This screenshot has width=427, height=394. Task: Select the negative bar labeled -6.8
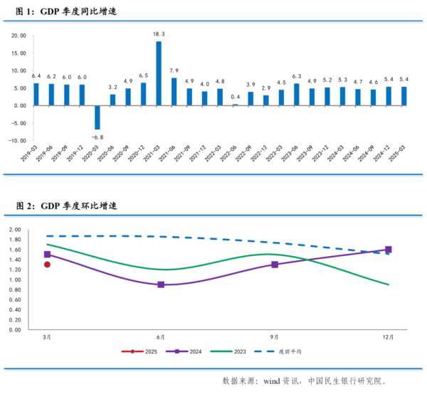pyautogui.click(x=97, y=117)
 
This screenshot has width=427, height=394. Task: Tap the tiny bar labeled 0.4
pyautogui.click(x=235, y=105)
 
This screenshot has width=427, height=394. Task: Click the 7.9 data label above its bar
pyautogui.click(x=174, y=70)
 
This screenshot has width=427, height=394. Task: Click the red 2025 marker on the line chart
pyautogui.click(x=48, y=265)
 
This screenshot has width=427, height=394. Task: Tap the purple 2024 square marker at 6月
pyautogui.click(x=161, y=284)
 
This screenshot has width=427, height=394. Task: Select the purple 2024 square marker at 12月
pyautogui.click(x=389, y=250)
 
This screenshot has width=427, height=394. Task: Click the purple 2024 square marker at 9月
pyautogui.click(x=275, y=265)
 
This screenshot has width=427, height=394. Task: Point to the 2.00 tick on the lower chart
pyautogui.click(x=16, y=230)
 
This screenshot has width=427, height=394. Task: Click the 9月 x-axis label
pyautogui.click(x=275, y=336)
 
